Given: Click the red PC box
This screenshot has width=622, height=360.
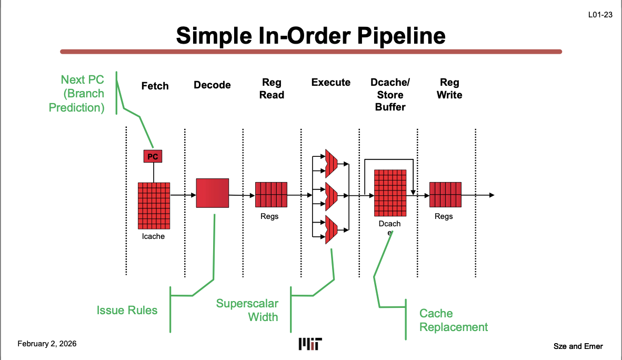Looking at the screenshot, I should click(153, 156).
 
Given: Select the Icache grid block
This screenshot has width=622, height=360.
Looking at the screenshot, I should click(154, 205).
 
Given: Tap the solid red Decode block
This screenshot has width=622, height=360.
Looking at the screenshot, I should click(213, 193).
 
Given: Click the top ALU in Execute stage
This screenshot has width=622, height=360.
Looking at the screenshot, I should click(331, 163).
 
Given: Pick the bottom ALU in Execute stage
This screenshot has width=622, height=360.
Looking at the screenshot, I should click(331, 229).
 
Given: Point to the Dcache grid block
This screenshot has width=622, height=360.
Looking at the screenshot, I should click(390, 193).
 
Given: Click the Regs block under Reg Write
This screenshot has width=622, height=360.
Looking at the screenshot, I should click(445, 195).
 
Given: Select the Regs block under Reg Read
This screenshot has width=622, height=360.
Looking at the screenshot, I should click(271, 195).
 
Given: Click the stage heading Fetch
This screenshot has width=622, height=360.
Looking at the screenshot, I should click(155, 86).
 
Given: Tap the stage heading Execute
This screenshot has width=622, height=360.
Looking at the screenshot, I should click(330, 82).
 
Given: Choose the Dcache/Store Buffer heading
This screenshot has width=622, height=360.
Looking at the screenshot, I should click(390, 95).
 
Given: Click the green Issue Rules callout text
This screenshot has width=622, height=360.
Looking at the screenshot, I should click(127, 310).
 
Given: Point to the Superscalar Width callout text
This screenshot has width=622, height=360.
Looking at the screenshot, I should click(247, 310).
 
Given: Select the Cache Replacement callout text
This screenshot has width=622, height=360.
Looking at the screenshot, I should click(453, 320).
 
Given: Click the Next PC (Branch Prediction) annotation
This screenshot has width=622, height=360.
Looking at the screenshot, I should click(77, 94).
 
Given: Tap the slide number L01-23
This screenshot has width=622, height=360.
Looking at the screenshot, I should click(600, 15).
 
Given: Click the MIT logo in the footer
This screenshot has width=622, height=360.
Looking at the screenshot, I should click(310, 344).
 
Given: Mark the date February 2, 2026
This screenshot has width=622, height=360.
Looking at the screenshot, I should click(47, 344).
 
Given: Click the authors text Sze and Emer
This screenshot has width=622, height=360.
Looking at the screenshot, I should click(578, 346).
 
